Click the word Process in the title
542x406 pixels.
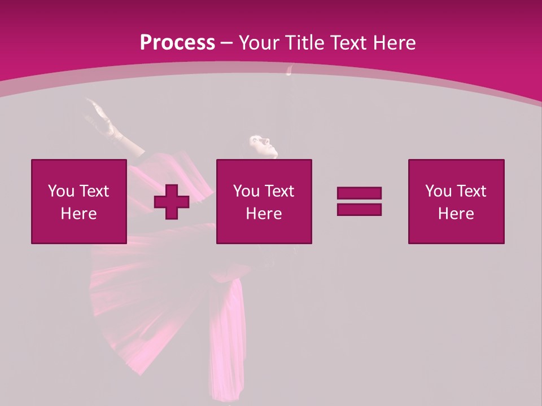pos(177,42)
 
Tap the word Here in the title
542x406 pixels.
pos(392,42)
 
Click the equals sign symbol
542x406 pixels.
pos(359,201)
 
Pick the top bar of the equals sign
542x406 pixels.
pos(359,193)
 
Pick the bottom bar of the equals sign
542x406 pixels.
pos(359,209)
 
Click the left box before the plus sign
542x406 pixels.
pos(79,201)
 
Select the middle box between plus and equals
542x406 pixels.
pos(264,201)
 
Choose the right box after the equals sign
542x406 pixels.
pos(456,201)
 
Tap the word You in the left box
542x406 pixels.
pos(61,191)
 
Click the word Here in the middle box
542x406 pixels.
pos(264,214)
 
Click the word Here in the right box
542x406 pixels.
pos(456,214)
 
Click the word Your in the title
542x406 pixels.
pos(259,42)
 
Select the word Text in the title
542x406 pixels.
pos(348,42)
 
